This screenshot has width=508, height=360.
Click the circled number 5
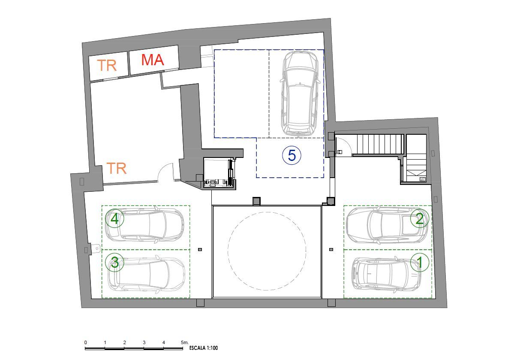(x=291, y=155)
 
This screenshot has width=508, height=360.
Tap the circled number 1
(x=420, y=262)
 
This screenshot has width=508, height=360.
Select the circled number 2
(x=419, y=219)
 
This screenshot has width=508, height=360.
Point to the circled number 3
(x=115, y=262)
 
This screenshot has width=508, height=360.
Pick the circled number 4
(x=115, y=218)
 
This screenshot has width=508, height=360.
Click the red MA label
(x=153, y=60)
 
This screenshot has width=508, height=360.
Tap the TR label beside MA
(x=107, y=66)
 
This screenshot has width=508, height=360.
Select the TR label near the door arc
(x=116, y=168)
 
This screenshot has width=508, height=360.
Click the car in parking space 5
(x=300, y=93)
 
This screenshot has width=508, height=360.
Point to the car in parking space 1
(x=387, y=274)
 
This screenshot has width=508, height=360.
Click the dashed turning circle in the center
(x=267, y=212)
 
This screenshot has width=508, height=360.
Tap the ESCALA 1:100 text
(x=204, y=348)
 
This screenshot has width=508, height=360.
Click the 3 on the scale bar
(x=144, y=342)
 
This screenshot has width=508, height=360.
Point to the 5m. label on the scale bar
(x=185, y=342)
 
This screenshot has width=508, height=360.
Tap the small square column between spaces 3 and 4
(x=200, y=249)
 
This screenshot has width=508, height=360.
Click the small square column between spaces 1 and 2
(x=331, y=249)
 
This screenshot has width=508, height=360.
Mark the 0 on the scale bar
(x=86, y=342)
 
